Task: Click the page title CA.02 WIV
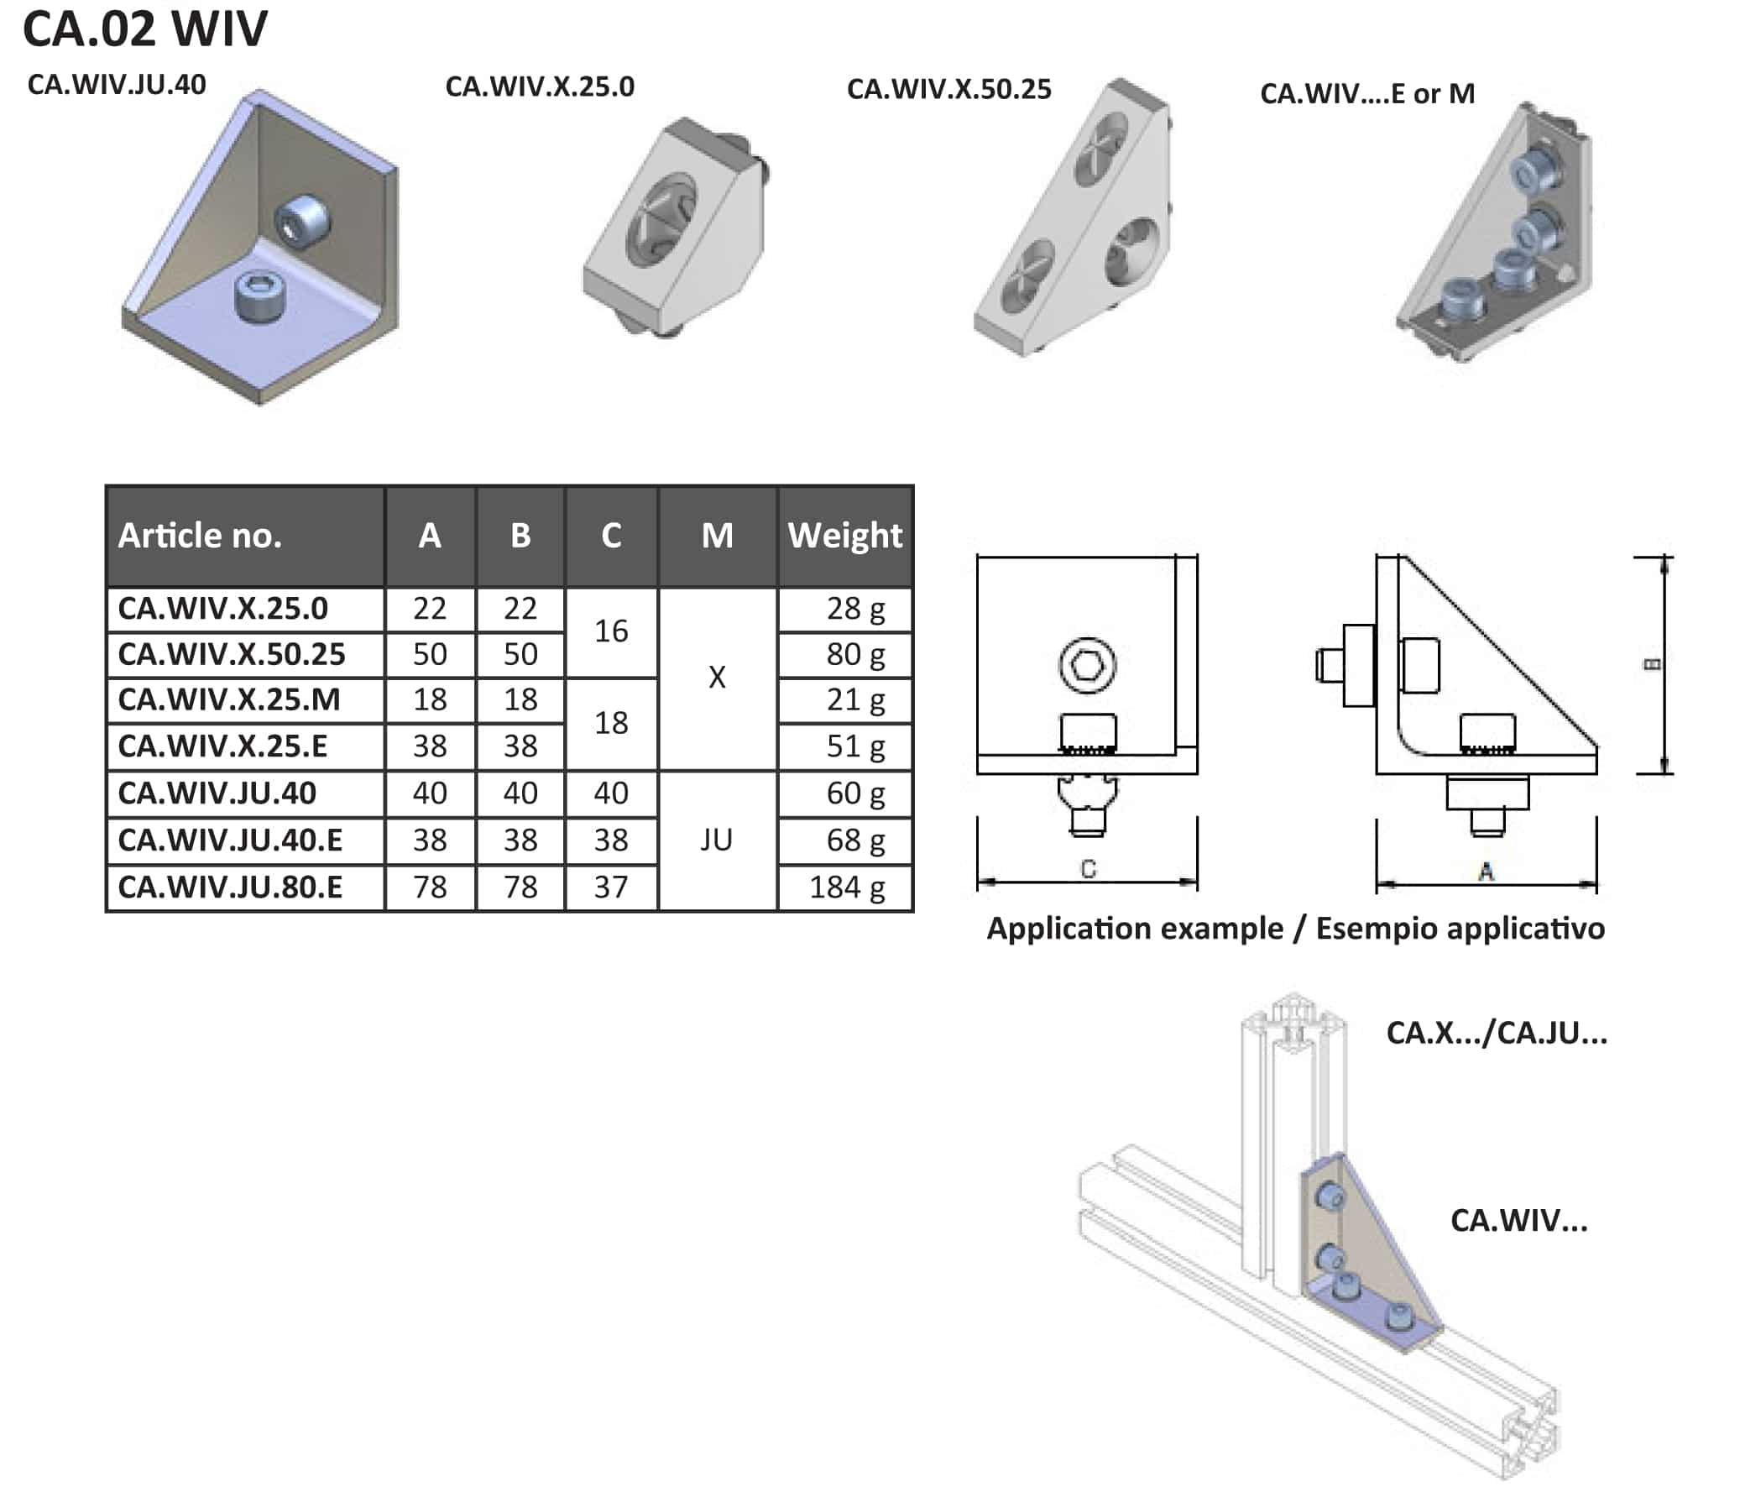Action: pos(144,29)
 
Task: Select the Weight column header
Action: pos(844,535)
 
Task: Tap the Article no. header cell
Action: pos(200,535)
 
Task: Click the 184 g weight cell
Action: pos(846,887)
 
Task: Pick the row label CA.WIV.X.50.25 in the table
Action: pos(231,654)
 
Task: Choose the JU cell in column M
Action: pos(716,840)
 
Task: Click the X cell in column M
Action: pos(716,677)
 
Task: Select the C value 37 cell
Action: pos(610,887)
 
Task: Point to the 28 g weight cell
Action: pos(854,608)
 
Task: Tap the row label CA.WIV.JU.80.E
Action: pos(230,887)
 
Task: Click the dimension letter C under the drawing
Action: pos(1089,869)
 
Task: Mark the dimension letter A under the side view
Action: pos(1486,872)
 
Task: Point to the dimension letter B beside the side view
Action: pos(1651,664)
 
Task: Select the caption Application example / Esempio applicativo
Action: pos(1295,929)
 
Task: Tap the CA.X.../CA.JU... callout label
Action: pos(1497,1033)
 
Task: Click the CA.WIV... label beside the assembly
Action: pos(1518,1220)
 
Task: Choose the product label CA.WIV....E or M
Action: pos(1367,93)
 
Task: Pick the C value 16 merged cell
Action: pos(610,631)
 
